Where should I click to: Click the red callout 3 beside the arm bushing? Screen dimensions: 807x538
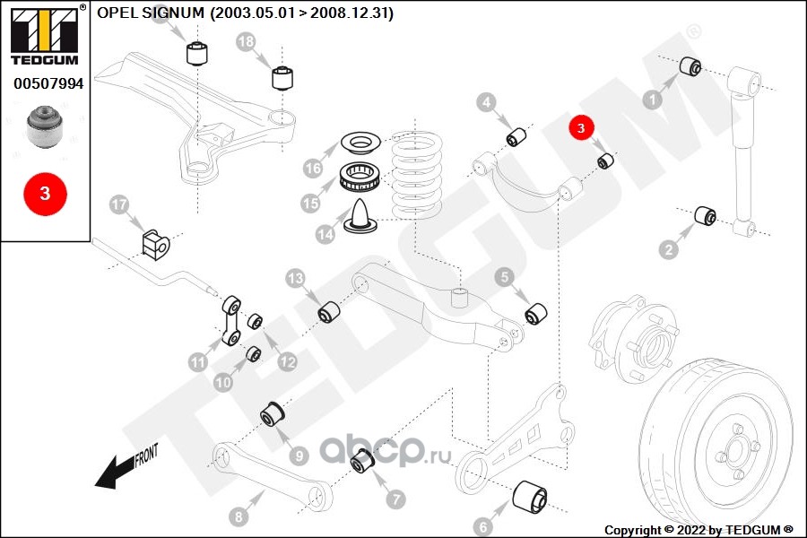coord(581,127)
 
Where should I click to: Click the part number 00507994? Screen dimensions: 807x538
coord(48,83)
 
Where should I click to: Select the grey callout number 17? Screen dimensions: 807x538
coord(119,204)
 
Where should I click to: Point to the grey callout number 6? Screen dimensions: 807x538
coord(482,526)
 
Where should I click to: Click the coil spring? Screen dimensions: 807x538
coord(417,174)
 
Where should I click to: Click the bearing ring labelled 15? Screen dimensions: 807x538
coord(360,178)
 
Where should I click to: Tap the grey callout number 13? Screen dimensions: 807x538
coord(295,279)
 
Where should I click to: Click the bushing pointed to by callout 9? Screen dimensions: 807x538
coord(272,414)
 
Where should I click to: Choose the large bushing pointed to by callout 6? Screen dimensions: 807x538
coord(530,497)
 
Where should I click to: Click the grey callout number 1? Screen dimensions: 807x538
coord(653,100)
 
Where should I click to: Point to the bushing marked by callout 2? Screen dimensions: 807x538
coord(705,216)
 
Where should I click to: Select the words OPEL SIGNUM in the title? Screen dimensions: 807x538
coord(151,13)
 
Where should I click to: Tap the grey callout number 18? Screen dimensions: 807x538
coord(246,41)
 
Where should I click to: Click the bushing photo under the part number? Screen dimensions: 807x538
coord(44,126)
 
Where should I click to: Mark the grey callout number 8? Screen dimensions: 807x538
coord(239,516)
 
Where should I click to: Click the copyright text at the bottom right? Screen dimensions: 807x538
coord(699,530)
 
